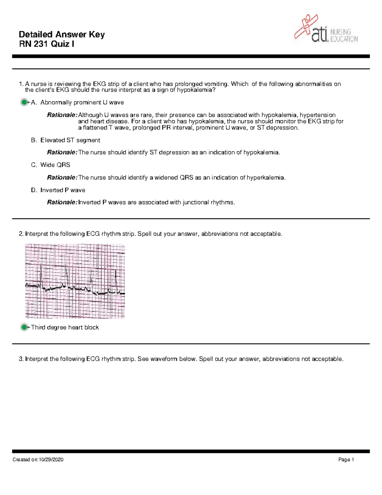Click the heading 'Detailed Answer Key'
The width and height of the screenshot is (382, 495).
pos(62,34)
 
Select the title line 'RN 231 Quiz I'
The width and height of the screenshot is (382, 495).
pos(47,44)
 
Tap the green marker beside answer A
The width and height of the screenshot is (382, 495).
pos(24,102)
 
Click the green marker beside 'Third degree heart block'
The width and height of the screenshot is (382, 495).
pos(24,327)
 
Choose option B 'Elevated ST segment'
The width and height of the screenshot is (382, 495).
pos(70,140)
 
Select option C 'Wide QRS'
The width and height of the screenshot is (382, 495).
pos(55,165)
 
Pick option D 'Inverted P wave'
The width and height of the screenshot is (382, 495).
pos(62,190)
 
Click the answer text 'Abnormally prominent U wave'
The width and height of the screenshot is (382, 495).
pos(82,103)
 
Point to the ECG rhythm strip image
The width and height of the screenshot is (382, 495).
pos(75,281)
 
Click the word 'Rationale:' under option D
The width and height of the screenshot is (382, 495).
pos(62,202)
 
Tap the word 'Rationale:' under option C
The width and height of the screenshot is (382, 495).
pos(62,178)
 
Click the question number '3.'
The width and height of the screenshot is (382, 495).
pos(21,359)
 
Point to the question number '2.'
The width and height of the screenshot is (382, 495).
pos(21,234)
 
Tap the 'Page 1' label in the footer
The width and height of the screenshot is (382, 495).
pos(346,460)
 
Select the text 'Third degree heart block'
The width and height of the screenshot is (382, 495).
pos(65,327)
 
